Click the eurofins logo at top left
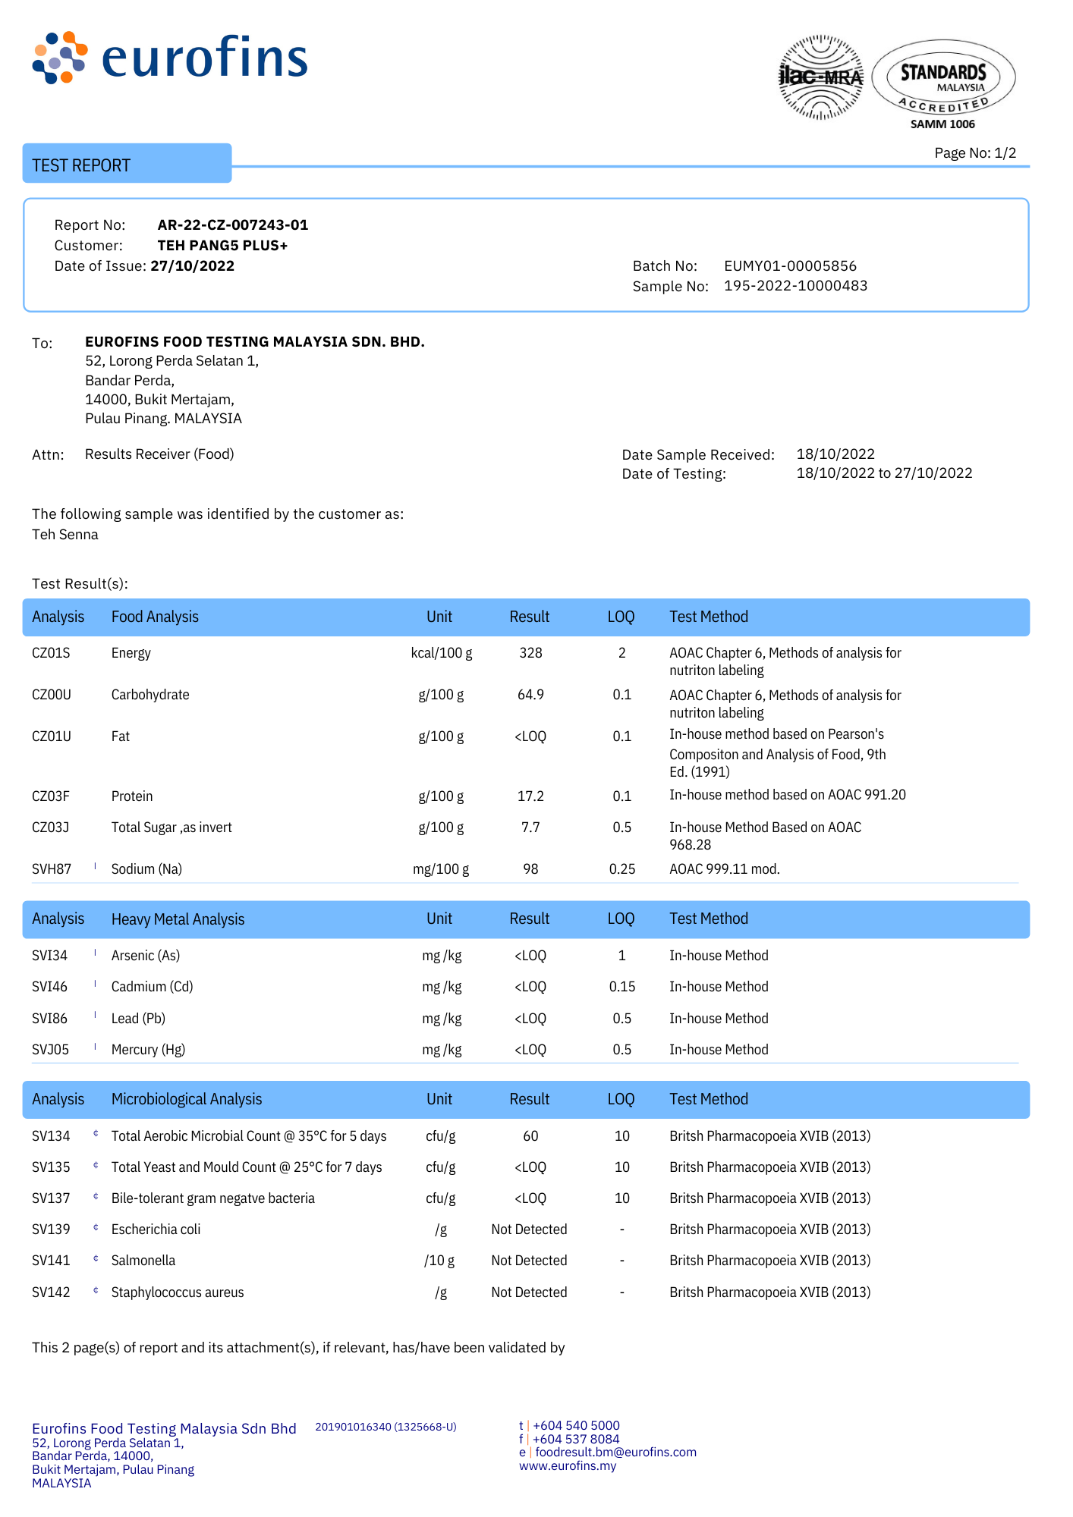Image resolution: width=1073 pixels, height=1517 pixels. coord(170,58)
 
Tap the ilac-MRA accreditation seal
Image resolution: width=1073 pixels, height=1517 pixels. coord(821,77)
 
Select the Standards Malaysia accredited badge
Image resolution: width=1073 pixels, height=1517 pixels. coord(943,80)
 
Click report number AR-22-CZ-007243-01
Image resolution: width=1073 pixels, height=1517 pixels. coord(233,225)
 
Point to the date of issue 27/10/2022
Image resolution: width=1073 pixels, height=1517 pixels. coord(193,266)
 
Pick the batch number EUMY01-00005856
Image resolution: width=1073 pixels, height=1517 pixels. coord(790,266)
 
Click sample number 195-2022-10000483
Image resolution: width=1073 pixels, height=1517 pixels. coord(795,286)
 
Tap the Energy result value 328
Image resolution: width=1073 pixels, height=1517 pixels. coord(530,653)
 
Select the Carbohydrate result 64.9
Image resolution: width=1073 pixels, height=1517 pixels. coord(530,695)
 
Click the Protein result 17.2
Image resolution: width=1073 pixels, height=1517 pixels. coord(530,796)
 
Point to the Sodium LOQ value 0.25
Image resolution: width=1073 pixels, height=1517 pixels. coord(622,869)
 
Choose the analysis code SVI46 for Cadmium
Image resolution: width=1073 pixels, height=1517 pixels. coord(50,987)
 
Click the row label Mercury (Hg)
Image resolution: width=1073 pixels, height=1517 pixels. coord(148,1050)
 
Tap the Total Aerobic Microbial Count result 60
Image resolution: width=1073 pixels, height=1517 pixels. coord(530,1136)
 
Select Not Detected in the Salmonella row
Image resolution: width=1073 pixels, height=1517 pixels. coord(529,1261)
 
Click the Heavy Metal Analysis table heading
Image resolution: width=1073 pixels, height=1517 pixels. coord(178,919)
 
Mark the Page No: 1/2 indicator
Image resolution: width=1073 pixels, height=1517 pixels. coord(975,153)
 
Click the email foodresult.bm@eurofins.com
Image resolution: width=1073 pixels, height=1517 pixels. coord(615,1453)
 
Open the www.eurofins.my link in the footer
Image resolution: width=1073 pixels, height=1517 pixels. coord(568,1466)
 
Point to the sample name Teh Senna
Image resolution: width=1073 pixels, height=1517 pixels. coord(65,535)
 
